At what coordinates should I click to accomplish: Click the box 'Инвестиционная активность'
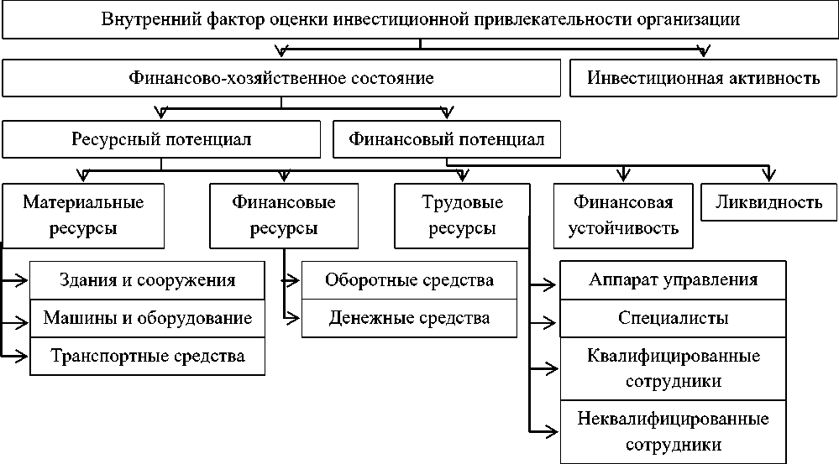pos(704,79)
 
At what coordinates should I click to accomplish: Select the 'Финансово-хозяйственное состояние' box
pos(281,79)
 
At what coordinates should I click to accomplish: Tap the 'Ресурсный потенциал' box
pos(161,139)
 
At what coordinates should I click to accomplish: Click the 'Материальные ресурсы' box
pos(83,216)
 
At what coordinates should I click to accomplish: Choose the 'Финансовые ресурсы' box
pos(284,216)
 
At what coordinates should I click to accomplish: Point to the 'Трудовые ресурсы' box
pos(462,216)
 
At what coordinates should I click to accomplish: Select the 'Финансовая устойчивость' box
pos(623,216)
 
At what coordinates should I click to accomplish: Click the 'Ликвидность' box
pos(768,202)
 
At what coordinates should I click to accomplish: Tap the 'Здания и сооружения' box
pos(148,280)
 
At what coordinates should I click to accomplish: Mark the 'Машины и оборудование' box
pos(148,318)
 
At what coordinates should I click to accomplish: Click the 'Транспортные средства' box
pos(148,356)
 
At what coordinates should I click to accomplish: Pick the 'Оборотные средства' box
pos(409,280)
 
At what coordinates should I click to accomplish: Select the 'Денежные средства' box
pos(409,318)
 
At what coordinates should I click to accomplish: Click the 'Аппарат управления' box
pos(674,280)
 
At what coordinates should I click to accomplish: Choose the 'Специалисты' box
pos(674,318)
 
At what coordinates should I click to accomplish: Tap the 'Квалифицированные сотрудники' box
pos(674,368)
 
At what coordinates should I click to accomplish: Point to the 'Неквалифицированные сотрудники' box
pos(674,430)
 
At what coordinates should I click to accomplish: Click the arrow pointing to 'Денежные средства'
pos(291,318)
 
